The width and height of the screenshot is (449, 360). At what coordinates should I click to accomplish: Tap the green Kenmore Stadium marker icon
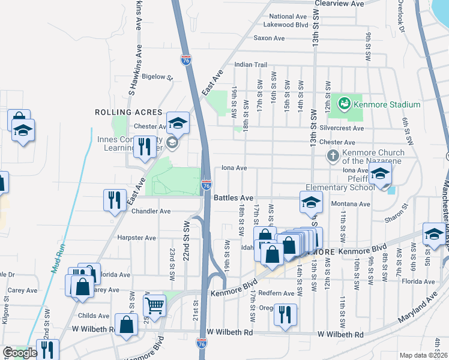pyautogui.click(x=344, y=104)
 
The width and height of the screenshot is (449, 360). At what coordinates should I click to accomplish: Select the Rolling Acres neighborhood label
pyautogui.click(x=128, y=112)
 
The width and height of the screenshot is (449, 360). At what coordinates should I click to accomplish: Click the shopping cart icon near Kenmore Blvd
pyautogui.click(x=154, y=305)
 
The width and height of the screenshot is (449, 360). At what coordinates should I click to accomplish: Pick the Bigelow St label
pyautogui.click(x=157, y=77)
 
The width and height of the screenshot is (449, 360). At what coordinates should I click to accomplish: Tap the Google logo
pyautogui.click(x=19, y=353)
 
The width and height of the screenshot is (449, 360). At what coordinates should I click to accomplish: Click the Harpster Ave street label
pyautogui.click(x=137, y=238)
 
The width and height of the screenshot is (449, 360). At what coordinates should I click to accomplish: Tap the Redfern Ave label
pyautogui.click(x=280, y=293)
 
